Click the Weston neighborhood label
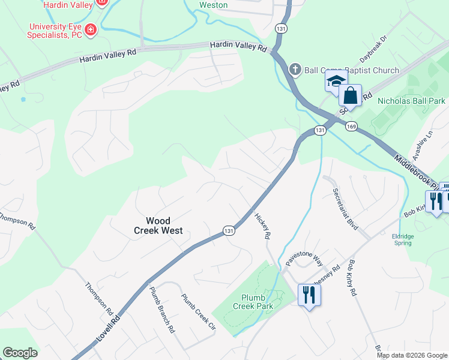point(213,5)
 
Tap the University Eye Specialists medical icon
point(91,29)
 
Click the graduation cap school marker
point(336,81)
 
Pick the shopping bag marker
point(349,95)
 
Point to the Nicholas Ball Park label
point(411,101)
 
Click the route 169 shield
point(351,126)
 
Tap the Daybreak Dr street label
point(375,49)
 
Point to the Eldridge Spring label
point(403,239)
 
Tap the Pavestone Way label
point(304,259)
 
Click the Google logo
point(20,353)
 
